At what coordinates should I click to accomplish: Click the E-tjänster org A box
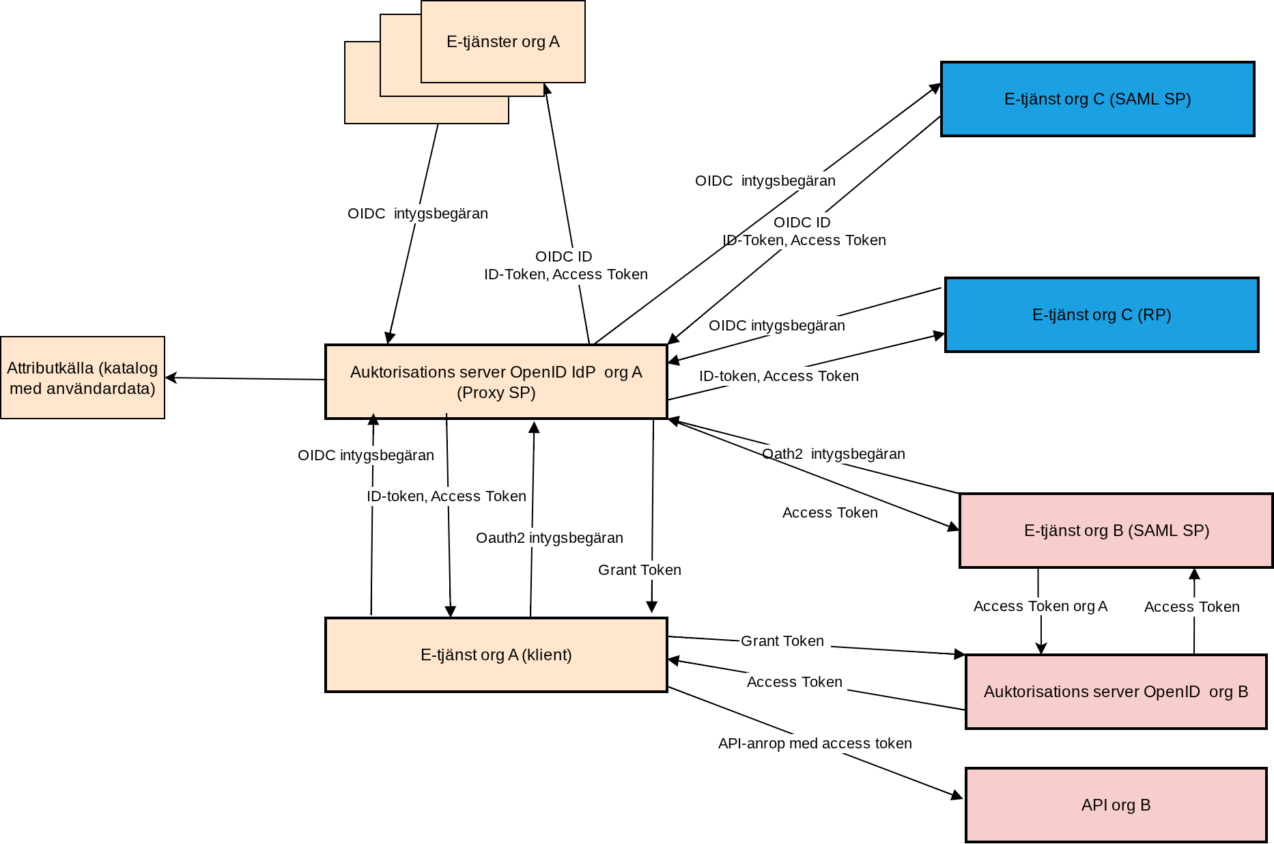(502, 42)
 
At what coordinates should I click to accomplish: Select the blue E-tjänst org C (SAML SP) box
(1097, 99)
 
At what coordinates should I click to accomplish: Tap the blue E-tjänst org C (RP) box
(1101, 315)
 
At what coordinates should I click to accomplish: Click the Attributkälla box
(83, 378)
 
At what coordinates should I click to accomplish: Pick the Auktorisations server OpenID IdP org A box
(496, 382)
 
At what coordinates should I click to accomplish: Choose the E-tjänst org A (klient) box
(496, 655)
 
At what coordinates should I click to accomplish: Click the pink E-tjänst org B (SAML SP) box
(1116, 531)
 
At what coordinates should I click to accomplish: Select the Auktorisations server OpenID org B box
(1116, 692)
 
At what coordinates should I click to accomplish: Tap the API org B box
(1116, 805)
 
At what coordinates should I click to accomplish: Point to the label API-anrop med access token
(815, 744)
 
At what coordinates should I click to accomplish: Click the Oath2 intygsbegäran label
(833, 454)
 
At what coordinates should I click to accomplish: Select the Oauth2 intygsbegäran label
(549, 538)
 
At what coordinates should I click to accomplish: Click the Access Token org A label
(1040, 606)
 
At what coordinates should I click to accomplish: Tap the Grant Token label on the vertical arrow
(639, 570)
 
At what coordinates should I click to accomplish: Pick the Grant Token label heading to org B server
(782, 641)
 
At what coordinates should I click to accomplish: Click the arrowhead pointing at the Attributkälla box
(171, 378)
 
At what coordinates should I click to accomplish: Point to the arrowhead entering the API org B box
(957, 796)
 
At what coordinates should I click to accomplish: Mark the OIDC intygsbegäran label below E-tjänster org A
(417, 214)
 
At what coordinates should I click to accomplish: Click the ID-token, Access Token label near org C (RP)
(778, 376)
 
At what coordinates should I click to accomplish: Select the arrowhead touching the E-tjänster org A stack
(546, 89)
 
